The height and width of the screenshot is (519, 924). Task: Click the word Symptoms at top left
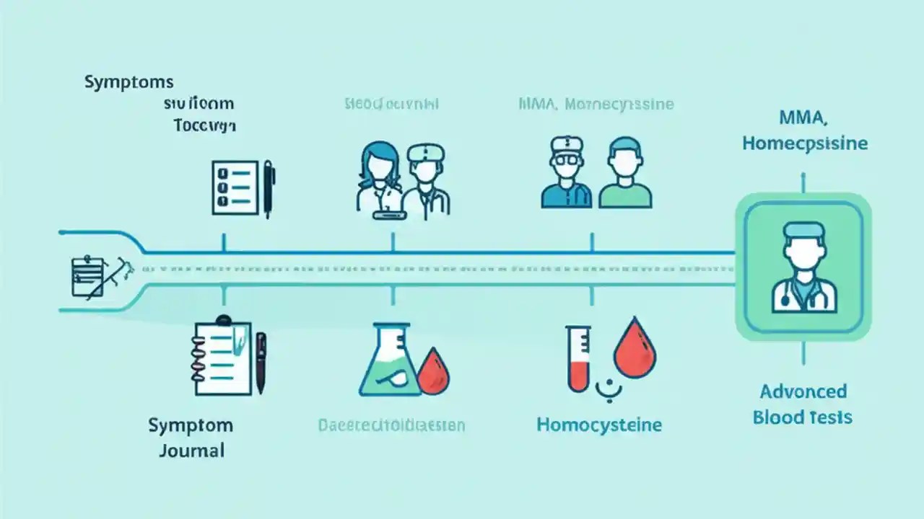128,81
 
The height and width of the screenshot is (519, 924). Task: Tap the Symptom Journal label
187,438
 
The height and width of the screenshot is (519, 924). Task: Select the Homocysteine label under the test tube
598,425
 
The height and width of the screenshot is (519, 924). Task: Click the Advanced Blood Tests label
802,404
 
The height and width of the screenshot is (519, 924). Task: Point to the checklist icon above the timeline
235,187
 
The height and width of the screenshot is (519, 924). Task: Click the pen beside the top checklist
269,189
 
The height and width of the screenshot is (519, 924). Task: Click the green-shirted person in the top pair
625,175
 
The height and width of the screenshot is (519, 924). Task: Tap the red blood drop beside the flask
434,371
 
